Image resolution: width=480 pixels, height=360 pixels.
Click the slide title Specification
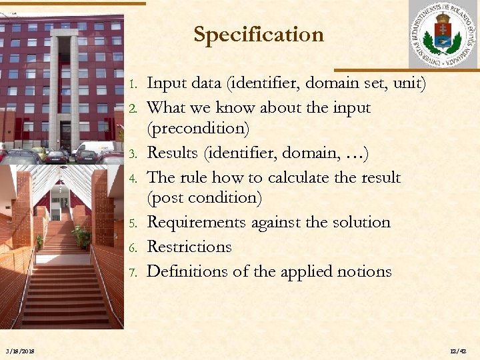258,35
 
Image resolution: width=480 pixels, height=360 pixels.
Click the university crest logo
443,35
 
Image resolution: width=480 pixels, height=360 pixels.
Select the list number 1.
133,85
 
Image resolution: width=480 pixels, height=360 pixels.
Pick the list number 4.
133,179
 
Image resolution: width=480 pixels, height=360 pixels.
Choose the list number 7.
133,273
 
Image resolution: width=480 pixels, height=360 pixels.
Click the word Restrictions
189,247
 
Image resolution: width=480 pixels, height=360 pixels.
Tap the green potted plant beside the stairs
82,235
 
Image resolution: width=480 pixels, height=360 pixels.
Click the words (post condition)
204,198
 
